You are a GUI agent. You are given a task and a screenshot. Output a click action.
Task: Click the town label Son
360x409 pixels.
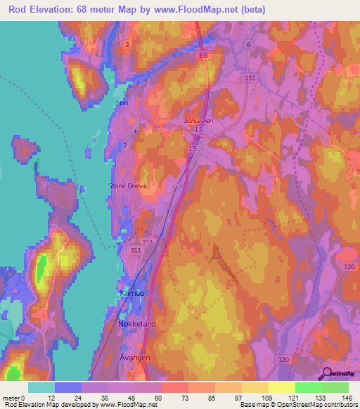[x=122, y=103]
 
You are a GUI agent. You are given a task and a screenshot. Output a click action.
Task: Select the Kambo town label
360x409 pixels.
[x=129, y=290]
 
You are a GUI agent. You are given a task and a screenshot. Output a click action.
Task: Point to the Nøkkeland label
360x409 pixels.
[x=136, y=324]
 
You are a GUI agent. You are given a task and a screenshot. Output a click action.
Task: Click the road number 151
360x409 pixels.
[x=250, y=78]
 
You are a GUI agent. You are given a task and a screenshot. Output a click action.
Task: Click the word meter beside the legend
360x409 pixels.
[x=11, y=398]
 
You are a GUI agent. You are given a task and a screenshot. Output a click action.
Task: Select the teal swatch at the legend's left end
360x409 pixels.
[x=41, y=387]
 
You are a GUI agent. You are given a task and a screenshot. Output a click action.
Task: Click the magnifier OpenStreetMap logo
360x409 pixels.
[x=325, y=375]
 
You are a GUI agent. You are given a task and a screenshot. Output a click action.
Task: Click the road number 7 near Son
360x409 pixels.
[x=124, y=145]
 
